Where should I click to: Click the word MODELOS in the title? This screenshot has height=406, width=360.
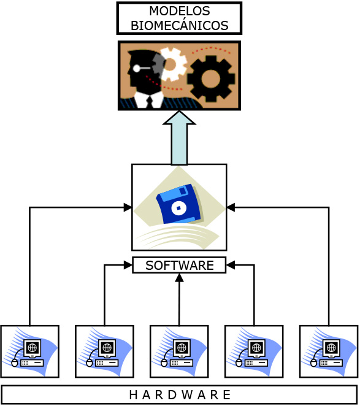(x=180, y=11)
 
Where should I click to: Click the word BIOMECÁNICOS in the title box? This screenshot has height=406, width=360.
(x=180, y=25)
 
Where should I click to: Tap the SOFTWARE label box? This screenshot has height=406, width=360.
(x=179, y=265)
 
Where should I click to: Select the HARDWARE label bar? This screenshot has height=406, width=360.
(x=179, y=394)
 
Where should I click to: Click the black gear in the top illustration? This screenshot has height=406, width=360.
(x=211, y=79)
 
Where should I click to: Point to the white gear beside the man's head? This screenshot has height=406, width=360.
(x=172, y=64)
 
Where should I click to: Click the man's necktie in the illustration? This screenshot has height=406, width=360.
(x=150, y=102)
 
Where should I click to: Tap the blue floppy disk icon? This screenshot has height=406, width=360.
(x=180, y=205)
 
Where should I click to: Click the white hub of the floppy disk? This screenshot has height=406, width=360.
(x=178, y=208)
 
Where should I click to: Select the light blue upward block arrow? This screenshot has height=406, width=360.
(x=179, y=138)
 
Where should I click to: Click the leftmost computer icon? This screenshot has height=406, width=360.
(x=30, y=351)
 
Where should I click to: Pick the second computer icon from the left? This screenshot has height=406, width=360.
(x=105, y=351)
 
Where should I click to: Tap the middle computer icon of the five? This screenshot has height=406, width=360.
(x=179, y=351)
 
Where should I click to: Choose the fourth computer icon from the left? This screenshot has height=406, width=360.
(x=254, y=351)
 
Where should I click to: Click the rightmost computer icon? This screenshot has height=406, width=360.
(x=329, y=351)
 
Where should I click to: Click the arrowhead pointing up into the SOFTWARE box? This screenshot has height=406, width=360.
(x=179, y=278)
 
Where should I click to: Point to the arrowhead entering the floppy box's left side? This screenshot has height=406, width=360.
(x=128, y=207)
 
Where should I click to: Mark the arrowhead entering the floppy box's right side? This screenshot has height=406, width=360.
(x=231, y=207)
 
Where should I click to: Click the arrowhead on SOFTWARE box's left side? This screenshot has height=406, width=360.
(x=128, y=265)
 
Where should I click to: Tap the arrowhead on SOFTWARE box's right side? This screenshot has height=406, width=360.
(x=231, y=265)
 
